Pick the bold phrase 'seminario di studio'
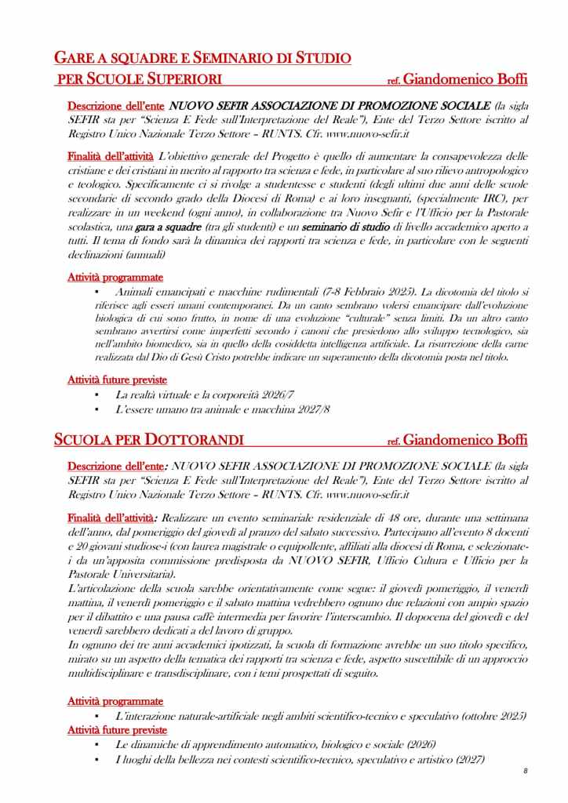352,227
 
